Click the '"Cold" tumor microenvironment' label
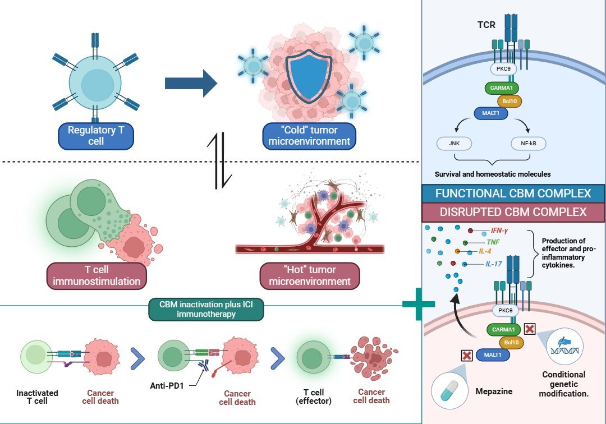[x=309, y=135]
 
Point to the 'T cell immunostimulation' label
[x=96, y=275]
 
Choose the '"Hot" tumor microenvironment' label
[x=309, y=275]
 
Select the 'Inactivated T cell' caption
[x=36, y=397]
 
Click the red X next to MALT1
[x=466, y=355]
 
